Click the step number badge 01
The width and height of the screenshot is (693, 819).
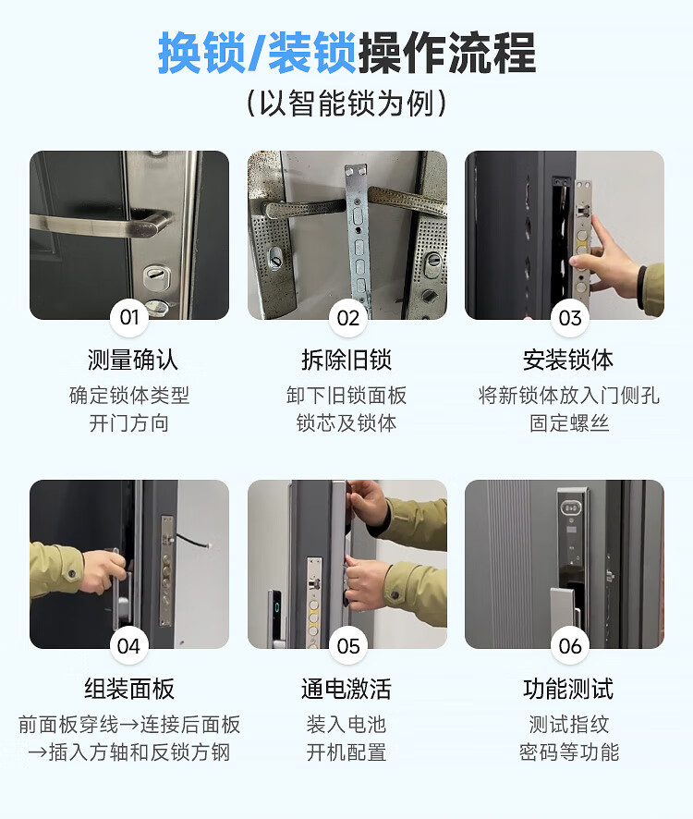point(129,318)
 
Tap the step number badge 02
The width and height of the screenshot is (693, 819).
point(347,318)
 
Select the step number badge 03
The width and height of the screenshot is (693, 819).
point(570,318)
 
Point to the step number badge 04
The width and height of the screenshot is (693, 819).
point(129,646)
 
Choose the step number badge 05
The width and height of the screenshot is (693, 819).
point(347,646)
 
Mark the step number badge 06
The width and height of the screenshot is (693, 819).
point(570,646)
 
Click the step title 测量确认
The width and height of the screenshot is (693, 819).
point(133,360)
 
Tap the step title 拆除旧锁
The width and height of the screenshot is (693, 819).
point(346,360)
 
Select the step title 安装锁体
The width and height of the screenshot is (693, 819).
point(568,360)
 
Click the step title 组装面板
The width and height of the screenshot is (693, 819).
point(129,689)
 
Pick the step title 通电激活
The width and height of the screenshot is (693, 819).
point(346,689)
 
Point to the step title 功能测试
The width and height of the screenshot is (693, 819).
point(568,689)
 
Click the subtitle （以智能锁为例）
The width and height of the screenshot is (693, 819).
point(346,103)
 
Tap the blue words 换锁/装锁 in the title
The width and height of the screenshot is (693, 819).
point(258,53)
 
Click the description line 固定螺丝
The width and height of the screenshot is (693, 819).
point(569,423)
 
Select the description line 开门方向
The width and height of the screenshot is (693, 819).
point(129,423)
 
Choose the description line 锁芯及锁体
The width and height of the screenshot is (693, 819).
point(346,423)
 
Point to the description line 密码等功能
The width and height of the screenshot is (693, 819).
point(569,752)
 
